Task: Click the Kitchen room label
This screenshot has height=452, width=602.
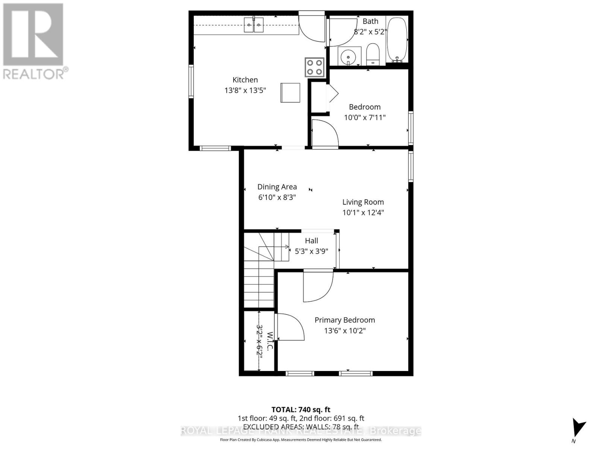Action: (x=245, y=80)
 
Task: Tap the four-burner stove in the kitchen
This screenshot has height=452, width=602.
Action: (x=314, y=67)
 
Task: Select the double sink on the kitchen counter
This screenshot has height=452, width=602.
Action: (x=254, y=26)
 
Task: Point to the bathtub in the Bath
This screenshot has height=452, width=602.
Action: (x=397, y=39)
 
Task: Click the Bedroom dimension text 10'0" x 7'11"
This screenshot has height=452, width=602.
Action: (x=365, y=118)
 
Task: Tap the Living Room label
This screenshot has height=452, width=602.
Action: (x=363, y=202)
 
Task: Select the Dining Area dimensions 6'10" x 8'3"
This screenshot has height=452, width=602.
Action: (x=277, y=197)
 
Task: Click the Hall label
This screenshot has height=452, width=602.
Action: (x=312, y=241)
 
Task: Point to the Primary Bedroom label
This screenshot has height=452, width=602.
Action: (x=345, y=320)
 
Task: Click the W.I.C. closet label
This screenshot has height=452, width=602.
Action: (x=269, y=341)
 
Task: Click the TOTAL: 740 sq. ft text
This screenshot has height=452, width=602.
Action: (x=301, y=409)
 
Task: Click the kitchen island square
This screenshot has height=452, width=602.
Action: (x=290, y=93)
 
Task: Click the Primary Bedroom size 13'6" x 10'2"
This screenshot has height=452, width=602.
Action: (x=345, y=331)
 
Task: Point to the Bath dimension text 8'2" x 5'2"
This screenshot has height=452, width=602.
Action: (x=371, y=32)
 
